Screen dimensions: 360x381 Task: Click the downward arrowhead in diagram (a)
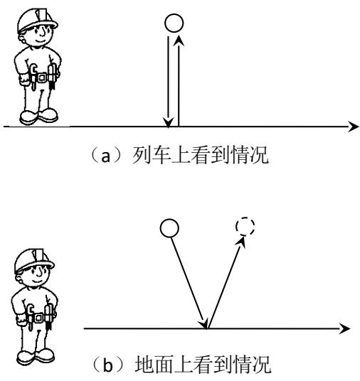(168, 122)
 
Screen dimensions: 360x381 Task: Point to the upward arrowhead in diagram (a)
(179, 41)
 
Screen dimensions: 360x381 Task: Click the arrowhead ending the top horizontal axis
(354, 127)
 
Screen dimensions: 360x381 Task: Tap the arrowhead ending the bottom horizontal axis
(345, 328)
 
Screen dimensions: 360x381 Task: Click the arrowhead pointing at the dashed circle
(241, 242)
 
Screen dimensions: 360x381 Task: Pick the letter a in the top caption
(105, 156)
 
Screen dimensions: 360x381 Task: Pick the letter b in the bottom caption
(107, 365)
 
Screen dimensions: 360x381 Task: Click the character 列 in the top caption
(142, 155)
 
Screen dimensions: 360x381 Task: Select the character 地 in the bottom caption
(144, 364)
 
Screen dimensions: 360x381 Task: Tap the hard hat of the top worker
(37, 20)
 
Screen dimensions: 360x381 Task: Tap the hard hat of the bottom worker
(34, 260)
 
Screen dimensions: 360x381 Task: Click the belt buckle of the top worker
(42, 77)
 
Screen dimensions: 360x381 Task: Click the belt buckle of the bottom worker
(38, 318)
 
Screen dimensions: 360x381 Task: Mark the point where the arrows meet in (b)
(207, 328)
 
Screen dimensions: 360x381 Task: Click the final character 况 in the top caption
(259, 155)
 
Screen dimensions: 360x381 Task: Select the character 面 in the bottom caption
(164, 364)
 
